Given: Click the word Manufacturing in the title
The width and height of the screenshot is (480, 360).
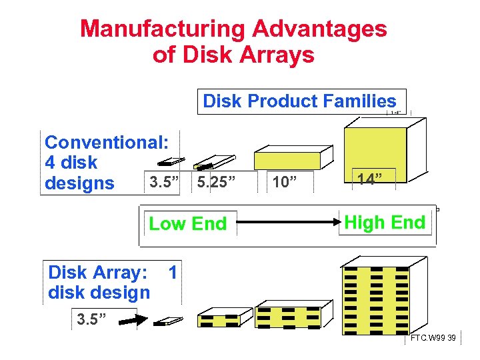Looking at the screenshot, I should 162,29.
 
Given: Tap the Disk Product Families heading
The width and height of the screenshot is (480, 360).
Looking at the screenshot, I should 299,101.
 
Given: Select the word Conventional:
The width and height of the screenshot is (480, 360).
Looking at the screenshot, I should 107,142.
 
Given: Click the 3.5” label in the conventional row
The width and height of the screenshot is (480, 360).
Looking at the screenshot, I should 163,182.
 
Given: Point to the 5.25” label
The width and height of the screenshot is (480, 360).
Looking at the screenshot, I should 217,182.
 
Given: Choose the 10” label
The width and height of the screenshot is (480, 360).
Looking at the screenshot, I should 284,182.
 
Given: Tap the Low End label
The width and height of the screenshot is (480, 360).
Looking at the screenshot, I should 187,224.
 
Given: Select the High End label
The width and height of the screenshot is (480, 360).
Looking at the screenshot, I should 385,223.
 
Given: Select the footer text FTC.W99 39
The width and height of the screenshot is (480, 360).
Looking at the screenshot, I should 433,339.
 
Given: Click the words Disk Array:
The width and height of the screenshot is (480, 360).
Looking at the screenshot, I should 97,273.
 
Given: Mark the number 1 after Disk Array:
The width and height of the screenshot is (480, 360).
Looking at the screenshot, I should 173,272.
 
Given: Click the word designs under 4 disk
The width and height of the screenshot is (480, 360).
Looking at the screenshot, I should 79,183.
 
